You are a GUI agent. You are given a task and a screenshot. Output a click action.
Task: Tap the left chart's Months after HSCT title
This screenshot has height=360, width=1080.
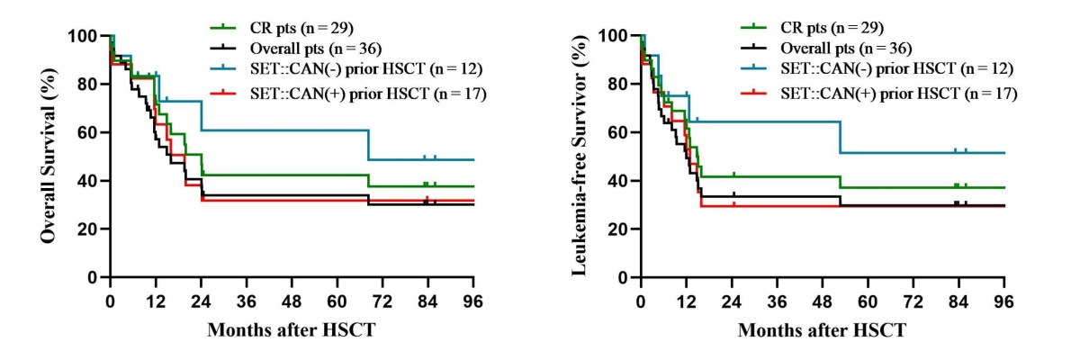click(292, 330)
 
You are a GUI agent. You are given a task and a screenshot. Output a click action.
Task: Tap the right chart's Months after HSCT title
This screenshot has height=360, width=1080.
click(823, 330)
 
